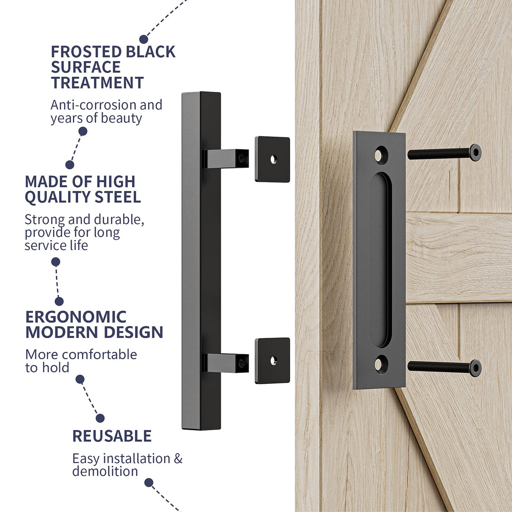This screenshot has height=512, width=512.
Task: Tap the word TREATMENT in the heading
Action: pos(97,83)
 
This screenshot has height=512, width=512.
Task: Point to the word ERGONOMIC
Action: pos(76,317)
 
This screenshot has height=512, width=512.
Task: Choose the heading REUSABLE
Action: pos(112,436)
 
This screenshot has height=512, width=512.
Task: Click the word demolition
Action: pos(105,471)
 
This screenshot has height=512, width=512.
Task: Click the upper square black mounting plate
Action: pos(272,159)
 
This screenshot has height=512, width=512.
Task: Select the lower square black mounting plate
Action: pos(272,361)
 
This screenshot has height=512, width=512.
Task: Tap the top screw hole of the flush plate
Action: pos(381,155)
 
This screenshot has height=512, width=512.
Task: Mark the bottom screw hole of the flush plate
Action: pos(381,363)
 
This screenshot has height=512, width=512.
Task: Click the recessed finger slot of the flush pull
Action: pos(381,259)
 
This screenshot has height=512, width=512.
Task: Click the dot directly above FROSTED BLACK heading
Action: pos(144,39)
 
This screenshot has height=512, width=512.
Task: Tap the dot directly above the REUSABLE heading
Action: pos(100,418)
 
